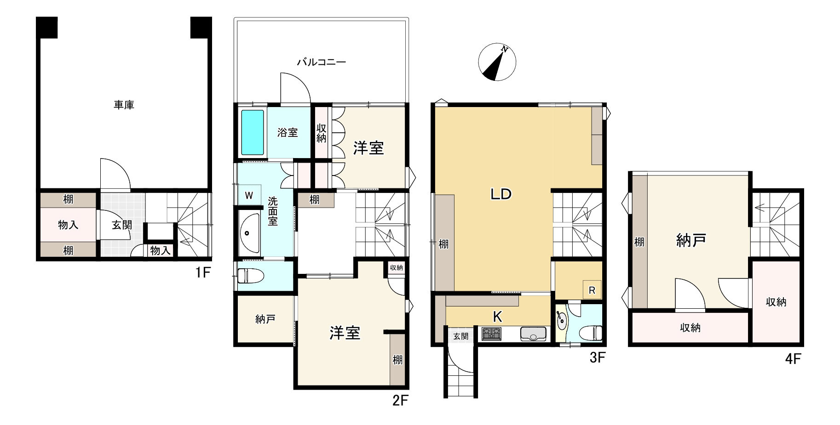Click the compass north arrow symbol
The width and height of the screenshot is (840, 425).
(497, 62)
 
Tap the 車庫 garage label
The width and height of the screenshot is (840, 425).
(124, 105)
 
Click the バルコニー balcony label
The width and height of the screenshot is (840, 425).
(321, 62)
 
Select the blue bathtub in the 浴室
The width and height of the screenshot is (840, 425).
(253, 132)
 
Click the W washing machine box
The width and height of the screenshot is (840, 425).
(249, 195)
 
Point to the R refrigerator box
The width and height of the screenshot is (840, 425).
(592, 290)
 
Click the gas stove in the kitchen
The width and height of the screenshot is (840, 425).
(491, 334)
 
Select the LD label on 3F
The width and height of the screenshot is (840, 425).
(501, 194)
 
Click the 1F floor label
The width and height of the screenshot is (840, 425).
(202, 272)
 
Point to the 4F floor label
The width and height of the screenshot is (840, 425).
(793, 358)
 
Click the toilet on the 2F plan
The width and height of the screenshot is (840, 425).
(250, 276)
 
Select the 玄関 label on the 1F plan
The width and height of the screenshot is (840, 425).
(122, 225)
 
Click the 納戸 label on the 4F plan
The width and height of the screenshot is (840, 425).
(691, 240)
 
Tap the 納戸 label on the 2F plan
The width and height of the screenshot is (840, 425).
(265, 319)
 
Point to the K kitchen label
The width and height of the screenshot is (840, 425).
(497, 317)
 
